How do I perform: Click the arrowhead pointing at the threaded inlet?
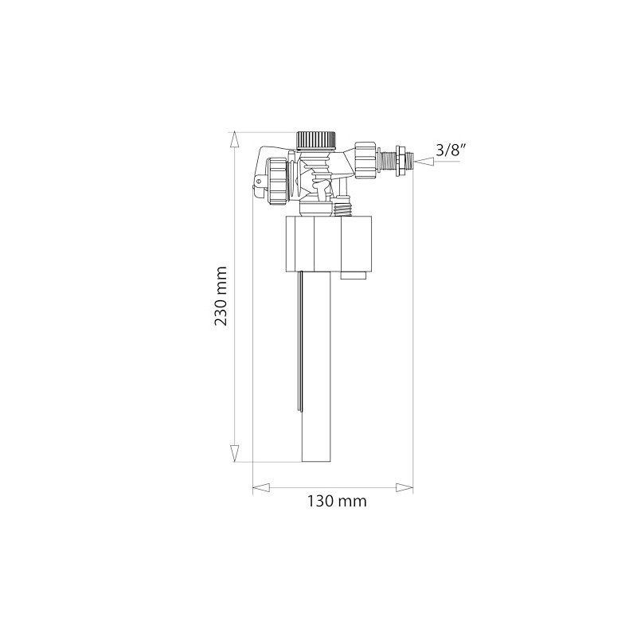[424, 161]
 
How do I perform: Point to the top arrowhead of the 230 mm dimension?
[234, 139]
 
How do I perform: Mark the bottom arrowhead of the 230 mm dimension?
[234, 453]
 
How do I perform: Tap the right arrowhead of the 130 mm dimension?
[405, 486]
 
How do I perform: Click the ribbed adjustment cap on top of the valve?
[318, 139]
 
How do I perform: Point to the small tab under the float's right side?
[354, 276]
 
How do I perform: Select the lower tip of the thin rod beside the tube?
[301, 409]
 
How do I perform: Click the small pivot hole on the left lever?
[257, 190]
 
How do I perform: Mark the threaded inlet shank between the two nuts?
[387, 160]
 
